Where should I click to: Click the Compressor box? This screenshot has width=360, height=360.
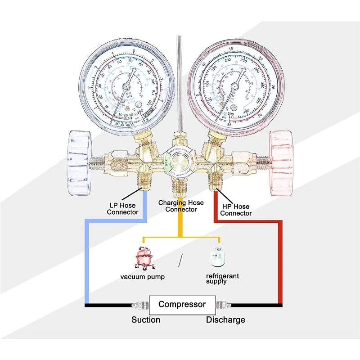(182, 305)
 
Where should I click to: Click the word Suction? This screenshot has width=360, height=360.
(146, 320)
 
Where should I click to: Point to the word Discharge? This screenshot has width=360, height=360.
(225, 320)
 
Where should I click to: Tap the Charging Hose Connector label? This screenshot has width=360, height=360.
(181, 206)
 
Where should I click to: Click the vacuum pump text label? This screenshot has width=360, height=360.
(142, 277)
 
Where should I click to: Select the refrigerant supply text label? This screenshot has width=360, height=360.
(222, 279)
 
